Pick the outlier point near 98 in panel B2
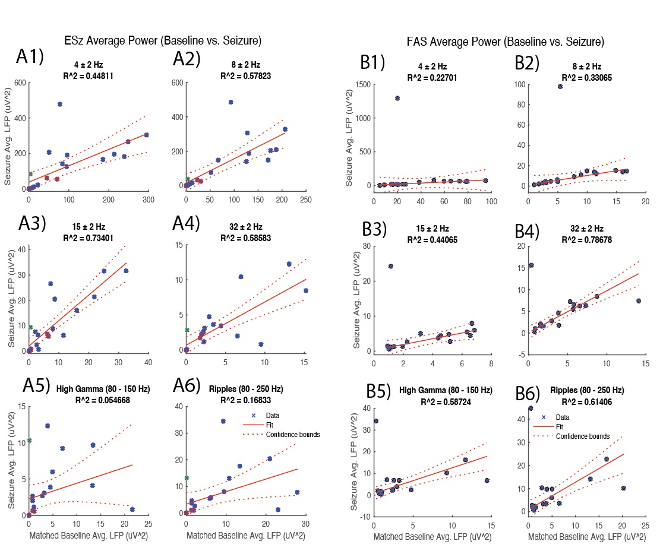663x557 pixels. click(x=560, y=87)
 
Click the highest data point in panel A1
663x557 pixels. click(x=60, y=104)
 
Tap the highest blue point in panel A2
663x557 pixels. click(x=231, y=102)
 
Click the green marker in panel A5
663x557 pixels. click(x=29, y=441)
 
